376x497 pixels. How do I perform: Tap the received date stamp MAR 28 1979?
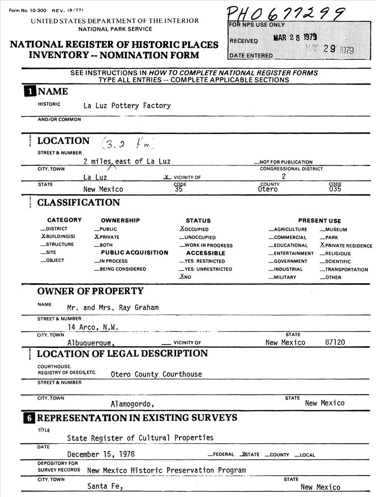click(x=295, y=37)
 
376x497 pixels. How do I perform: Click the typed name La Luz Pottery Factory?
click(x=127, y=105)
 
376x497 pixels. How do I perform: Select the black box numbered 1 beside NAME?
click(x=30, y=91)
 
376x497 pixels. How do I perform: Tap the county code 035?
click(x=335, y=189)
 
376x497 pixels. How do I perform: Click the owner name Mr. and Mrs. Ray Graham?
click(x=113, y=307)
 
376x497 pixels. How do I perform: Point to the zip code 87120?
click(x=335, y=342)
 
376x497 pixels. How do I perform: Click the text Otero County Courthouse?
click(x=156, y=374)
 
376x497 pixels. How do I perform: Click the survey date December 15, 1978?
click(x=101, y=454)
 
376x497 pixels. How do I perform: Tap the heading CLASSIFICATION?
click(x=78, y=203)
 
